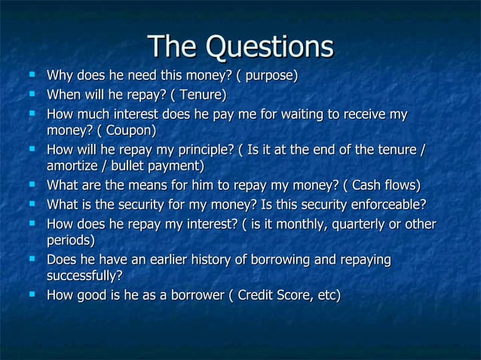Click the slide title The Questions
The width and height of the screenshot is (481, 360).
[x=240, y=46]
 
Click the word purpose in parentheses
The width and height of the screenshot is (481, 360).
[x=269, y=76]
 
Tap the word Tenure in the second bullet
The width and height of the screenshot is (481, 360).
[x=198, y=95]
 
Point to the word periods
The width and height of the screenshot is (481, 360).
[x=69, y=241]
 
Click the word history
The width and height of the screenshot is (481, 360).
[x=233, y=260]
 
